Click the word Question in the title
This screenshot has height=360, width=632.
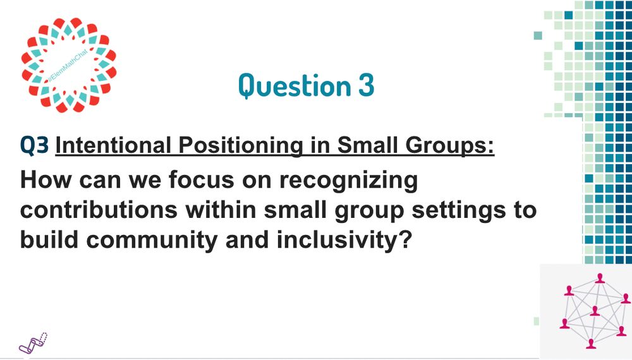[x=295, y=85]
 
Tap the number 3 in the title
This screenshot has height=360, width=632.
[x=366, y=85]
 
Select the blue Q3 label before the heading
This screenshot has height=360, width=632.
[x=35, y=146]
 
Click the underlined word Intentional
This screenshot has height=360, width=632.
[x=113, y=145]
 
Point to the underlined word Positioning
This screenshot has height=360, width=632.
[x=241, y=146]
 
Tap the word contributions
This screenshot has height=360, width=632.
[x=99, y=210]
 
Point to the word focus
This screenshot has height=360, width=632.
[x=201, y=179]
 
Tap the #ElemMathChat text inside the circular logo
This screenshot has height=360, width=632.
[x=68, y=66]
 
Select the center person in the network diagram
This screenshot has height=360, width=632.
[x=595, y=311]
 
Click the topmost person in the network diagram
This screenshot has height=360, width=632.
[x=600, y=279]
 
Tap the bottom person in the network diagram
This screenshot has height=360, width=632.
[x=591, y=344]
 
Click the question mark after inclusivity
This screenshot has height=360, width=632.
[x=406, y=239]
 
